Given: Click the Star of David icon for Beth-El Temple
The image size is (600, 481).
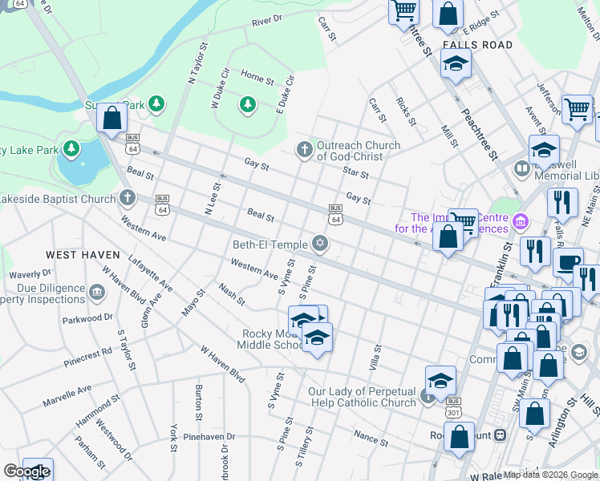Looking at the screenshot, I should (x=320, y=244).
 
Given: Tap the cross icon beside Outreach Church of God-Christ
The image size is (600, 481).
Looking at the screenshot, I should (x=304, y=149).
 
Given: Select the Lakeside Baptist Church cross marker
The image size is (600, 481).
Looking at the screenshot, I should (x=127, y=198).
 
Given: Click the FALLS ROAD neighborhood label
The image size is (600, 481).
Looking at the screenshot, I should (x=476, y=45).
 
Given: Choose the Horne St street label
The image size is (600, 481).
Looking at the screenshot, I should (x=257, y=78).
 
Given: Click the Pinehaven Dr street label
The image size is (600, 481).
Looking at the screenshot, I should (x=209, y=437).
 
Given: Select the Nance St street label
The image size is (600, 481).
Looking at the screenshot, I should (x=371, y=437).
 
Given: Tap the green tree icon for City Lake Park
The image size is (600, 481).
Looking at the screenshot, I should (x=72, y=149).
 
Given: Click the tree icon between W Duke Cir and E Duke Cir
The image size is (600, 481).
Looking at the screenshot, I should (x=248, y=104).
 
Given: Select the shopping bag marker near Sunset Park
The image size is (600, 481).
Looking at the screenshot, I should (x=112, y=119).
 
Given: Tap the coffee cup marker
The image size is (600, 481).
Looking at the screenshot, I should (x=569, y=263).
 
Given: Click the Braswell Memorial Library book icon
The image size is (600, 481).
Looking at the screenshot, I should (x=521, y=169).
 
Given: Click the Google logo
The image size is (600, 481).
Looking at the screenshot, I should (x=26, y=471).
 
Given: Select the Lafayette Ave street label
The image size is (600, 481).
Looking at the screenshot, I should (x=150, y=273).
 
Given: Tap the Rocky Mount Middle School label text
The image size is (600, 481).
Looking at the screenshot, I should (x=273, y=339).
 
